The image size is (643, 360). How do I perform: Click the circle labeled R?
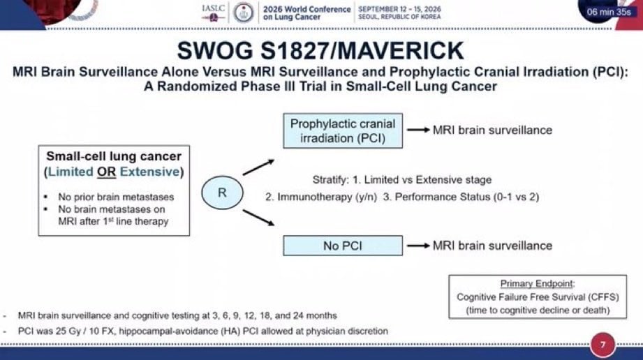pyautogui.click(x=222, y=193)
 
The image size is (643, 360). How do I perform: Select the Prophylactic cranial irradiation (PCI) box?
pyautogui.click(x=343, y=130)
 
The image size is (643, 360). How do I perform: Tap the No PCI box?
pyautogui.click(x=343, y=246)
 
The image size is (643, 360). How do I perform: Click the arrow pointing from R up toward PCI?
pyautogui.click(x=258, y=167)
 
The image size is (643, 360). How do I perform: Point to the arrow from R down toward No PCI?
pyautogui.click(x=258, y=217)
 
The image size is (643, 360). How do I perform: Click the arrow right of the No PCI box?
pyautogui.click(x=418, y=246)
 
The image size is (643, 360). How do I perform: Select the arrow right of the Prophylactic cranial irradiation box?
pyautogui.click(x=418, y=130)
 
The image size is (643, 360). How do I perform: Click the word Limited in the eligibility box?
pyautogui.click(x=71, y=172)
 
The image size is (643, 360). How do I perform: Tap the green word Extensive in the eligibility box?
pyautogui.click(x=149, y=172)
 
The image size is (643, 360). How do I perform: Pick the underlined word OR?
pyautogui.click(x=107, y=172)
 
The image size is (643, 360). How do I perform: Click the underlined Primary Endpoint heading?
pyautogui.click(x=537, y=283)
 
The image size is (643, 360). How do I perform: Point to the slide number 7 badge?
pyautogui.click(x=603, y=345)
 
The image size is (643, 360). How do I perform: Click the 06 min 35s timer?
pyautogui.click(x=609, y=12)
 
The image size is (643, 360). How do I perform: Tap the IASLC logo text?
pyautogui.click(x=213, y=8)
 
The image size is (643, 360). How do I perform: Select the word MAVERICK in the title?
pyautogui.click(x=400, y=51)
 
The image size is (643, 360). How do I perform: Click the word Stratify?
pyautogui.click(x=330, y=180)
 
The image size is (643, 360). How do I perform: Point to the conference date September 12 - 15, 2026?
pyautogui.click(x=400, y=8)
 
